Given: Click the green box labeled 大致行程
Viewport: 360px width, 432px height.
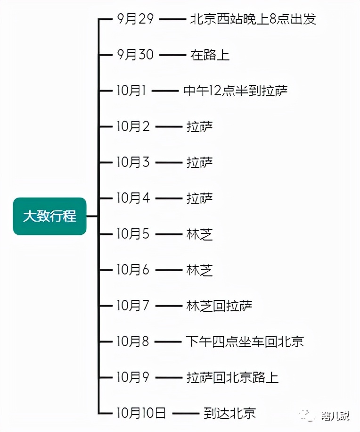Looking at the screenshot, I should (x=49, y=216).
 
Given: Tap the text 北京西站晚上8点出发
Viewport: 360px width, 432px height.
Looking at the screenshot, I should (x=253, y=19).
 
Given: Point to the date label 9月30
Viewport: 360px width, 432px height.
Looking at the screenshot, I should (x=135, y=55).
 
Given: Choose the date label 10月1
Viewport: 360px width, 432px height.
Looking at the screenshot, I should (x=131, y=91).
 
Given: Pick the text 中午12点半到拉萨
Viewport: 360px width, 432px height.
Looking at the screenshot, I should (x=235, y=91).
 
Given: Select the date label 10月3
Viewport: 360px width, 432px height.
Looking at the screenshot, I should (x=133, y=162).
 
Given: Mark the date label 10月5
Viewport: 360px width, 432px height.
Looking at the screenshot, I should (x=133, y=234).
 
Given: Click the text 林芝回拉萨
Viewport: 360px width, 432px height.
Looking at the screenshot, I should (x=220, y=306).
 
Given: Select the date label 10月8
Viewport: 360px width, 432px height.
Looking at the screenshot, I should (x=133, y=341).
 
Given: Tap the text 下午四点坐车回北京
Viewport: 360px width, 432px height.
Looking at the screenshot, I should (x=245, y=341).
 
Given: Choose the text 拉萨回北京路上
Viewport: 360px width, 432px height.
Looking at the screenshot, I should (x=232, y=377).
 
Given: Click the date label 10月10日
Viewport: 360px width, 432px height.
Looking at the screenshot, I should (x=141, y=413).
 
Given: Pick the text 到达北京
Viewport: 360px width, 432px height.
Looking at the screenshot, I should (x=229, y=413).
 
